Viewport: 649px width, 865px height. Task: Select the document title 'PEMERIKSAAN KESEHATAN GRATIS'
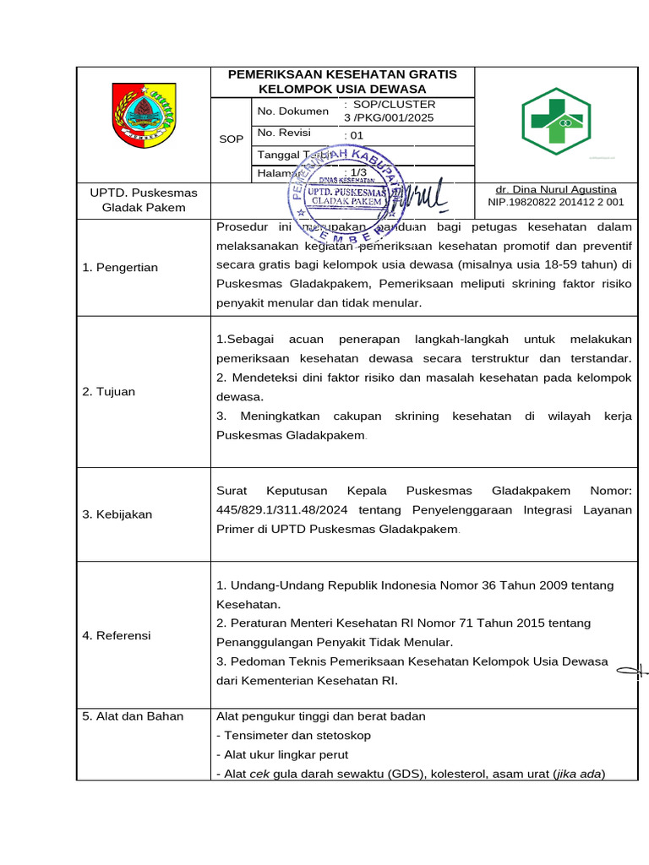[342, 74]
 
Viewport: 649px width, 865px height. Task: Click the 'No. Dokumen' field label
[292, 111]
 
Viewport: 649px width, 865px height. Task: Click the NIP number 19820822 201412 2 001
[556, 202]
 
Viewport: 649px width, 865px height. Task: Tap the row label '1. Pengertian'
[120, 268]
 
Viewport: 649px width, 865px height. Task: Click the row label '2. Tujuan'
[108, 392]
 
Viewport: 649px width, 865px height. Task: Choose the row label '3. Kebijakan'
[117, 514]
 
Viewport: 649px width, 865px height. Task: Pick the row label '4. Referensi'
[117, 635]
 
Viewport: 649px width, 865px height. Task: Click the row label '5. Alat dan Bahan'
[133, 716]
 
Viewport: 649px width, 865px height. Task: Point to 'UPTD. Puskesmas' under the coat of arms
[144, 192]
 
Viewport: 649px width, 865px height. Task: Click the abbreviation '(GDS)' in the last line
[406, 774]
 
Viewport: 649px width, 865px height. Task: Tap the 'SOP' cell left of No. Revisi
[231, 139]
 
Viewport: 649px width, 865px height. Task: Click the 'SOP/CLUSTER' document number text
[390, 104]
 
